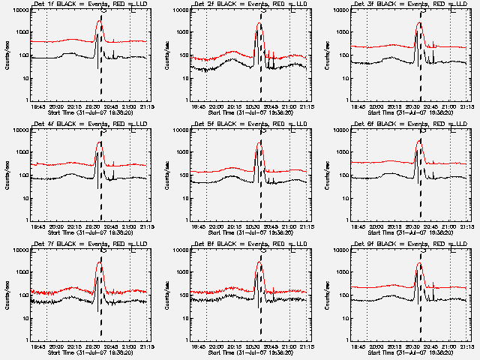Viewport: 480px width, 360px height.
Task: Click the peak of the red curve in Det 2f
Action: [x=259, y=23]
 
